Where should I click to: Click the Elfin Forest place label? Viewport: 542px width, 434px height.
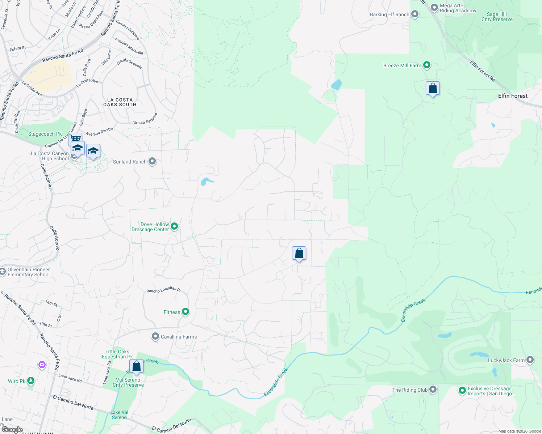click(x=513, y=96)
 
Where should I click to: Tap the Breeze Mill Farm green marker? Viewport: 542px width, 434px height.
click(x=427, y=65)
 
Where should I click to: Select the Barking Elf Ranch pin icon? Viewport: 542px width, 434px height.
click(x=415, y=14)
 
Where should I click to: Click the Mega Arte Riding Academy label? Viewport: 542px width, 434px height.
click(x=458, y=8)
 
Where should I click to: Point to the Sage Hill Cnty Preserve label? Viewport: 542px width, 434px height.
click(x=497, y=17)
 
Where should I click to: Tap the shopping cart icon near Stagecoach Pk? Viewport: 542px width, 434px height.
click(x=75, y=138)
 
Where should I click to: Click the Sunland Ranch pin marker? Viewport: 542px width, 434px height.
click(x=152, y=161)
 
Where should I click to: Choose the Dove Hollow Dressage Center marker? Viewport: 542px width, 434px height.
click(x=174, y=226)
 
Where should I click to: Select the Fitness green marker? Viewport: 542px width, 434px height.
click(x=185, y=311)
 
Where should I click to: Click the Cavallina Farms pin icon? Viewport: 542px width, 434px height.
click(x=155, y=337)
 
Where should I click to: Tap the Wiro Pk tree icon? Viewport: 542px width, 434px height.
click(x=31, y=380)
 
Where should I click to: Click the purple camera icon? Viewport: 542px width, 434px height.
click(x=42, y=365)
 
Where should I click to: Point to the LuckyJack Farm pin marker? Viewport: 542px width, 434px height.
click(x=530, y=360)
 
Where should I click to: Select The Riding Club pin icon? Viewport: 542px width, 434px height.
click(x=433, y=390)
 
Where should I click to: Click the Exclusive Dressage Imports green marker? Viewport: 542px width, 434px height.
click(x=462, y=391)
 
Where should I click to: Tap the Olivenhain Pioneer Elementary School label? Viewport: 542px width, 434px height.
click(x=29, y=272)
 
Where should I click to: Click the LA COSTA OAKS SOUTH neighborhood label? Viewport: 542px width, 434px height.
click(x=120, y=102)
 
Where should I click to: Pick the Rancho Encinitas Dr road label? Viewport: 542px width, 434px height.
click(x=164, y=290)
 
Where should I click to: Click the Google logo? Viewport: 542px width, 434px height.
click(x=12, y=430)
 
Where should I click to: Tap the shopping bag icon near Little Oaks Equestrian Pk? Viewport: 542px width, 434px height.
click(x=136, y=366)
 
